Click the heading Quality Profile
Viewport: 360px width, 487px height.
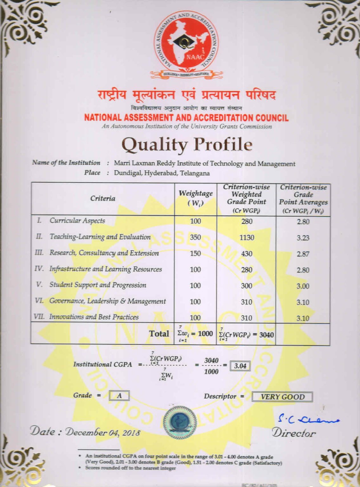pos(187,145)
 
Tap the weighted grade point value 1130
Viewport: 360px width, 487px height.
pos(247,237)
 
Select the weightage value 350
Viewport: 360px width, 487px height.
pos(195,237)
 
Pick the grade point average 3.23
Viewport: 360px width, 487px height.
pos(303,238)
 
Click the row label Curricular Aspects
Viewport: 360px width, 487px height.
pos(77,221)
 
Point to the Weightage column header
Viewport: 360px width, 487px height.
pos(196,198)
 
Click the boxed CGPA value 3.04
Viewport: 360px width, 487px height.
pos(240,366)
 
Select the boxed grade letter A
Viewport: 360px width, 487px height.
pos(119,396)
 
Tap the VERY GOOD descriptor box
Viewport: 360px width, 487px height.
pos(282,397)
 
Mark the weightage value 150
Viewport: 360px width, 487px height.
pos(195,253)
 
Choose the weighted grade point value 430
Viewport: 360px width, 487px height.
pos(247,254)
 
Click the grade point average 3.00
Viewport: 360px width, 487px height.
pos(303,286)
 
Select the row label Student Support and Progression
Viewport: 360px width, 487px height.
pos(98,285)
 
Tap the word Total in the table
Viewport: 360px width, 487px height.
pos(159,334)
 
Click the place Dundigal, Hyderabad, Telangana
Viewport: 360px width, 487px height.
pos(162,173)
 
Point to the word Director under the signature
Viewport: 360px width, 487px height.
pos(294,433)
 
